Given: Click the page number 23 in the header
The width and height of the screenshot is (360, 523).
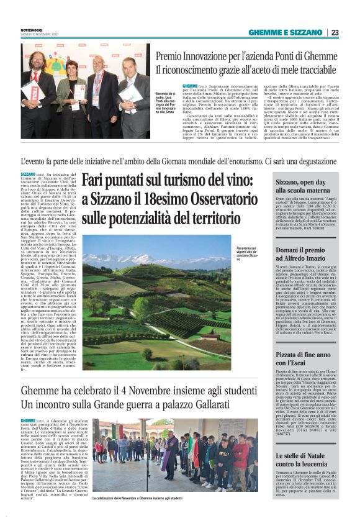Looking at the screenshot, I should point(335,32).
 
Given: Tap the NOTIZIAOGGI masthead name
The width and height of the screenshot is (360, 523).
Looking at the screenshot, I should point(32,30).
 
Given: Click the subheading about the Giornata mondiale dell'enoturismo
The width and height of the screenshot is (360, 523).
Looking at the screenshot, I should point(179,161).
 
